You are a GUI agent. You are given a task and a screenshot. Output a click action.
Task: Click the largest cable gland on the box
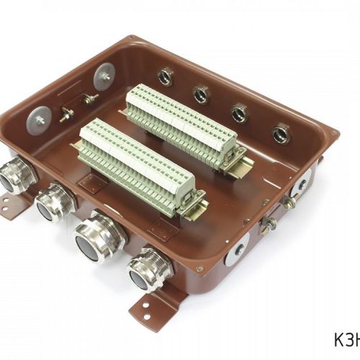[x=99, y=238]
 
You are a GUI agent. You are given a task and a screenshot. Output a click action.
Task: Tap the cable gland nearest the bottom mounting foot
[x=149, y=270]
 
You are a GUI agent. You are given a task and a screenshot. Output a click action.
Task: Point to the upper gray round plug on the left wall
[x=104, y=77]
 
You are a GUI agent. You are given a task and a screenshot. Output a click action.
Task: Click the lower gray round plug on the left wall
[x=39, y=121]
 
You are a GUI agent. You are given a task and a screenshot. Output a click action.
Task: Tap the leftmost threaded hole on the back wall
[x=166, y=77]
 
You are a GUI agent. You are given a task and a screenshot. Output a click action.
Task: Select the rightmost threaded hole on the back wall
[x=281, y=133]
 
